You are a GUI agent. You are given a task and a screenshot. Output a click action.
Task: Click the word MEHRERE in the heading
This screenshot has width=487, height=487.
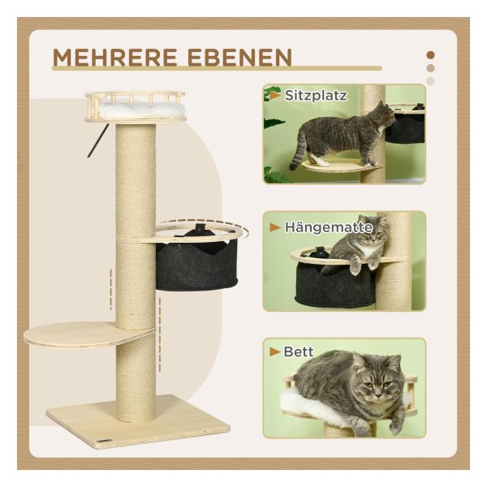tap(115, 58)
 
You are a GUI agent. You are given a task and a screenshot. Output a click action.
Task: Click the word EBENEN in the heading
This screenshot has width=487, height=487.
tap(240, 58)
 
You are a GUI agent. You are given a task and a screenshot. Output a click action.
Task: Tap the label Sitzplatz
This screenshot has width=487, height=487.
tap(316, 95)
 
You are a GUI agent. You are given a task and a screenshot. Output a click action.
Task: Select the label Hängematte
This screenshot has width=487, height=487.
tap(329, 227)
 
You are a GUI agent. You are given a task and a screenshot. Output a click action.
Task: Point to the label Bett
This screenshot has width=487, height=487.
tap(299, 351)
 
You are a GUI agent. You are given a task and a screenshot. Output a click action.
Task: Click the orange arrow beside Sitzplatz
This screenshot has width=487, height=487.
tap(275, 95)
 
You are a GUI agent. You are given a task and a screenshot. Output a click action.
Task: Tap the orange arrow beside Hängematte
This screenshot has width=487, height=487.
tap(275, 227)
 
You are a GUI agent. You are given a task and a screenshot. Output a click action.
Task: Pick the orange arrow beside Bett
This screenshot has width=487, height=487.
tap(275, 351)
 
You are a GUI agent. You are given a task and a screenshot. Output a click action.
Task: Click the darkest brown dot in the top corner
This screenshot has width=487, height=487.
tap(430, 55)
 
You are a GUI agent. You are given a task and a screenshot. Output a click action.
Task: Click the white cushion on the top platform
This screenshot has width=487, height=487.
tap(141, 110)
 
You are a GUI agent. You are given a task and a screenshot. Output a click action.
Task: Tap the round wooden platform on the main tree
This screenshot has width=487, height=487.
tap(88, 334)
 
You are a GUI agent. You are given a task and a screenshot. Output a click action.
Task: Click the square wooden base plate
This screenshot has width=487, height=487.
tap(138, 420)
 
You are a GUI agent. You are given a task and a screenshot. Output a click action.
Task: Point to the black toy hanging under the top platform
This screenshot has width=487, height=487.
tap(97, 140)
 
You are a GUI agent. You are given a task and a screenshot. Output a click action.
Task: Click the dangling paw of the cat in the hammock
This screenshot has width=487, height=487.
tap(355, 268)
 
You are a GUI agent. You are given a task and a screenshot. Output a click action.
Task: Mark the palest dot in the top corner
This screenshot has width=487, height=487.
tap(430, 81)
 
